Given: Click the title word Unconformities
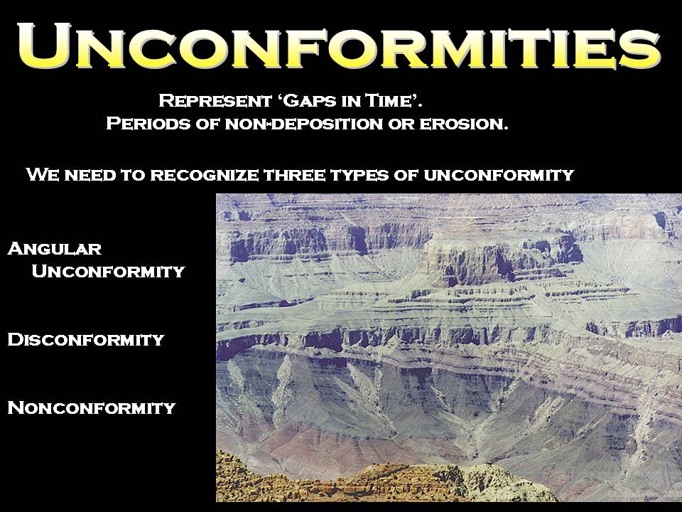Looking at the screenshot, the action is (340, 46).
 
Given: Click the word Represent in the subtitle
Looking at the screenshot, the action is (215, 101).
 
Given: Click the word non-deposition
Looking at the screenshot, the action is (303, 124).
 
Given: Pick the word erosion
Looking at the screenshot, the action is (464, 124).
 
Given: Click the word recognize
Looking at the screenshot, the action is (205, 175).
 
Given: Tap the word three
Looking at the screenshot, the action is (295, 175).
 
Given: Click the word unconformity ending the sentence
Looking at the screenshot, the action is (499, 175).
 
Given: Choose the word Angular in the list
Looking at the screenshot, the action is (55, 249).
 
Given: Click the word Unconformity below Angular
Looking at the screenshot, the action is (108, 271).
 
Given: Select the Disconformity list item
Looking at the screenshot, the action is (86, 340).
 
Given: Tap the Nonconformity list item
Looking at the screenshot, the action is (92, 408).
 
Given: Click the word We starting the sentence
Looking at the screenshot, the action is (42, 175).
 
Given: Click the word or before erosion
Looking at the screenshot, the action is (401, 124).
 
